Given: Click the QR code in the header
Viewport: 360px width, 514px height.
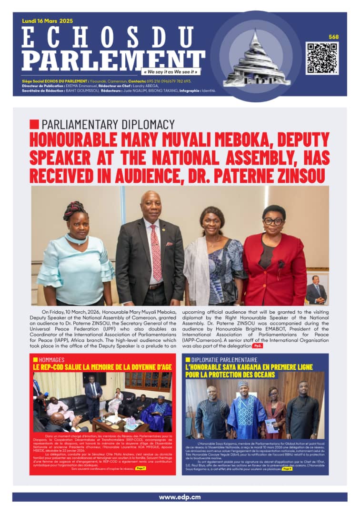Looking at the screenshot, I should click(x=322, y=58).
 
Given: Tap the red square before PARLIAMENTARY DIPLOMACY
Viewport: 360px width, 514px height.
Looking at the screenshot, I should click(x=34, y=124).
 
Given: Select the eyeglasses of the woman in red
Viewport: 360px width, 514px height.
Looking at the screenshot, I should click(x=273, y=221).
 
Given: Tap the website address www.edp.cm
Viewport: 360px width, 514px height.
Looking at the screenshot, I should click(x=180, y=497).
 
